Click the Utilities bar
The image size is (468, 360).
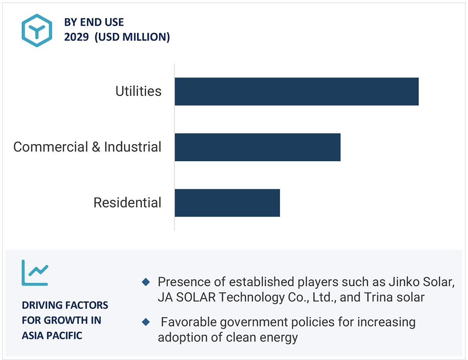296,92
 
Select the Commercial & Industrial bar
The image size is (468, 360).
257,147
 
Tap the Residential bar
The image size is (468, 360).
227,203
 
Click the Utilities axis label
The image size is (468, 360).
138,91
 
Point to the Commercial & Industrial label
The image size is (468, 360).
87,147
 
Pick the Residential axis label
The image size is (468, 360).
127,202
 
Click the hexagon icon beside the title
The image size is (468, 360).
37,30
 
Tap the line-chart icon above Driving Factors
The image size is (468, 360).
35,273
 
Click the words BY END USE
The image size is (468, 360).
94,22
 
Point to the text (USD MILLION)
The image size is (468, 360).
132,37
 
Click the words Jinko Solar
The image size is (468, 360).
422,282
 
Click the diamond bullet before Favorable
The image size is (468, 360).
146,322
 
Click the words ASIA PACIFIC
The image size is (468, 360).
52,336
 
